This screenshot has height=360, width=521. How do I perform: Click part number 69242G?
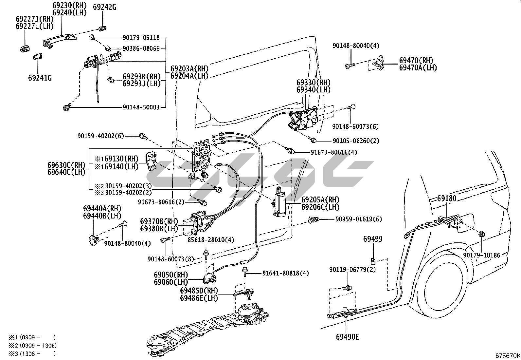(x=105, y=7)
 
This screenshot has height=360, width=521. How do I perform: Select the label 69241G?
(x=40, y=78)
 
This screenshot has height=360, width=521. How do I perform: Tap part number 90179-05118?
(x=141, y=38)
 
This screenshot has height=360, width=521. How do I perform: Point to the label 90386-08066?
(x=141, y=49)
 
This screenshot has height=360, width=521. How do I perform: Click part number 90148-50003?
(x=141, y=107)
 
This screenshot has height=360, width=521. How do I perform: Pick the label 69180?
(x=447, y=199)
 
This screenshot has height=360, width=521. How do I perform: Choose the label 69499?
(x=372, y=239)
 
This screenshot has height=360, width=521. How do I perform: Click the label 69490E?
(x=347, y=336)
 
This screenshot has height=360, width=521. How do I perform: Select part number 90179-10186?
(x=482, y=255)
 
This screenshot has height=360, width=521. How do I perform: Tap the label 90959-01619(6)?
(x=358, y=219)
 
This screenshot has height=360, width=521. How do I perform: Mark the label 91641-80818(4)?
(x=285, y=273)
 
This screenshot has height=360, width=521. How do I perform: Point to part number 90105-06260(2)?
(x=356, y=141)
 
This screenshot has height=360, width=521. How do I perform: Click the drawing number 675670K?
(x=507, y=355)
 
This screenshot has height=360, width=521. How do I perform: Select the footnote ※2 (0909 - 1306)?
(x=32, y=345)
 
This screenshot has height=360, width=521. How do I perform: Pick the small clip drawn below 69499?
(x=373, y=261)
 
